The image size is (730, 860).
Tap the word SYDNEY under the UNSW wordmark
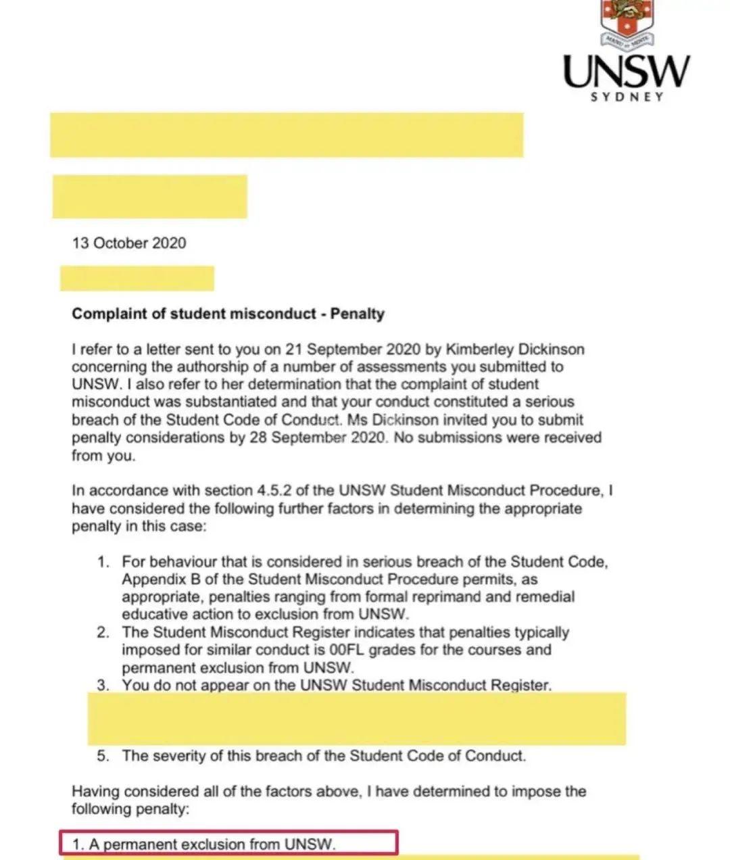627,96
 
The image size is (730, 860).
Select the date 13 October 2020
129,243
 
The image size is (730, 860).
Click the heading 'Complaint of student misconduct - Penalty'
228,314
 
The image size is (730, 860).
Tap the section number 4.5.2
270,490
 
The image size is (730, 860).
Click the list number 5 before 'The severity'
103,756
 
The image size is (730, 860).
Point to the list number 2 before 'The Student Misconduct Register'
103,633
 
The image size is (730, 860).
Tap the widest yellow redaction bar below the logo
287,135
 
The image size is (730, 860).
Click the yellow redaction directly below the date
137,279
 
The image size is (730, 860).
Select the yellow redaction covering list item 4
356,719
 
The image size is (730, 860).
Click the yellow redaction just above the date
149,197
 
